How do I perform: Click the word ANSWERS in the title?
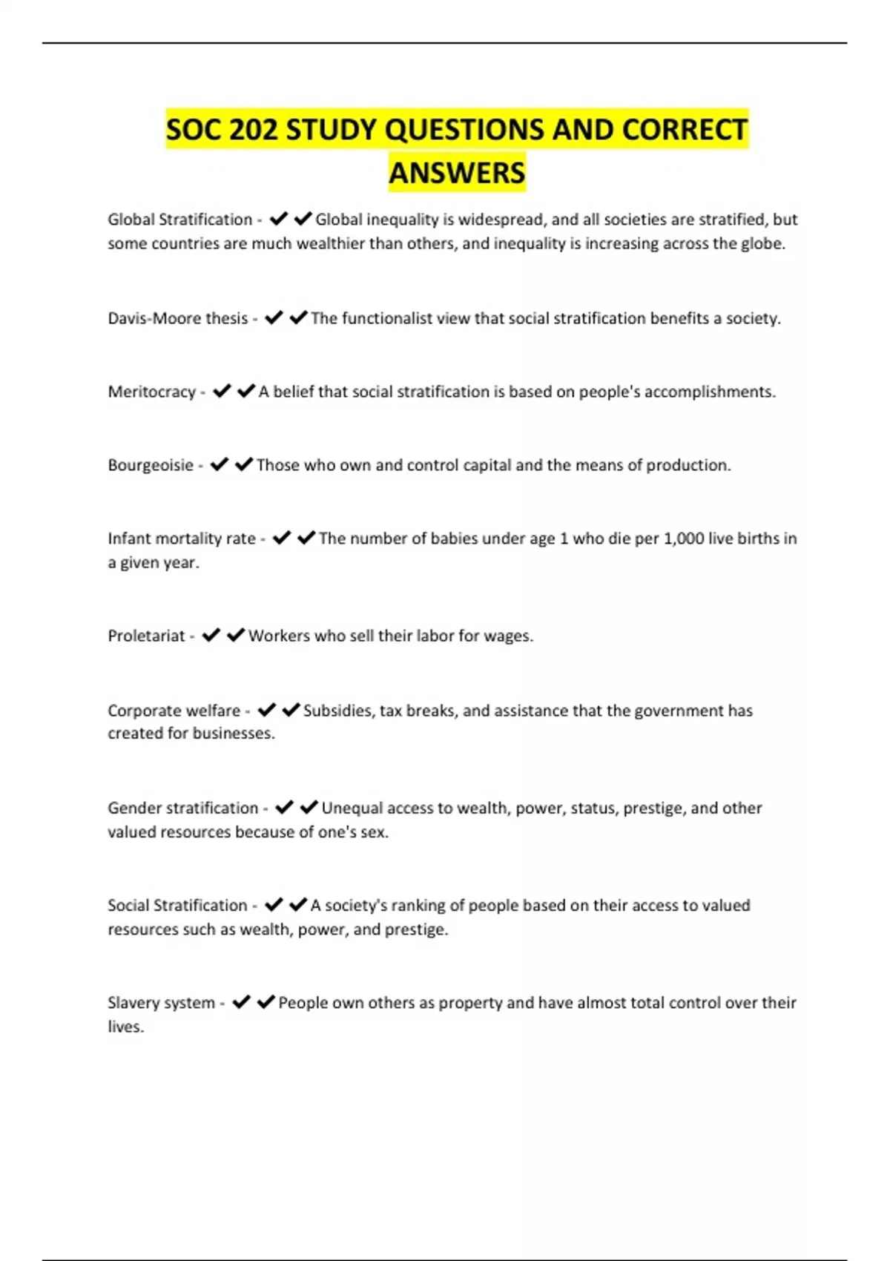(x=457, y=173)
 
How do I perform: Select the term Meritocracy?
(x=151, y=392)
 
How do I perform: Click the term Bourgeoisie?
(x=151, y=465)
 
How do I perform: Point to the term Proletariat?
(x=146, y=636)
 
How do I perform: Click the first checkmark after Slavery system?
(x=241, y=1002)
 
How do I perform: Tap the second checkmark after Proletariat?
(x=236, y=635)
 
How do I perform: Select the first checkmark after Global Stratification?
(x=278, y=219)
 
